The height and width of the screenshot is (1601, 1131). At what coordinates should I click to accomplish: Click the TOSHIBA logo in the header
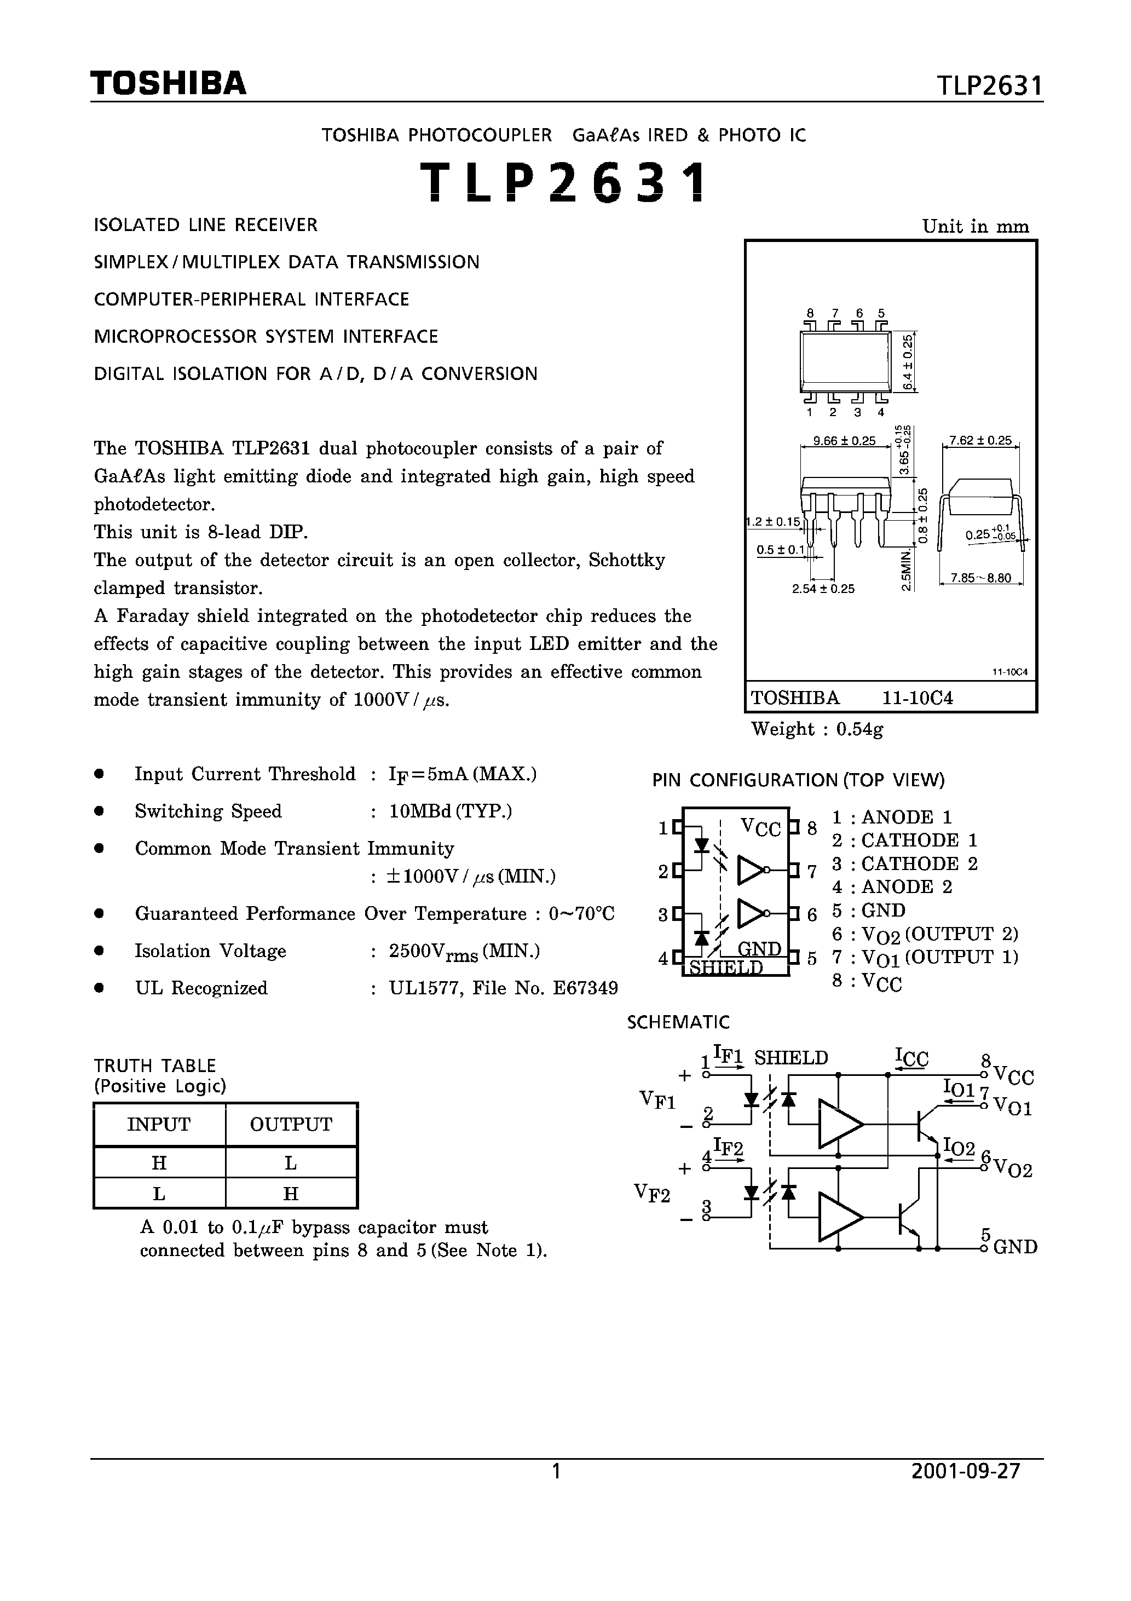click(168, 84)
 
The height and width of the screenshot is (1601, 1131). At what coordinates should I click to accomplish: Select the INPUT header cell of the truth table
click(159, 1124)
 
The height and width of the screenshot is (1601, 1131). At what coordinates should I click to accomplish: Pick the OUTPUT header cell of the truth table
click(291, 1124)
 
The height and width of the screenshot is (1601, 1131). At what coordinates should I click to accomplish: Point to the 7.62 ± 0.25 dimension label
click(980, 441)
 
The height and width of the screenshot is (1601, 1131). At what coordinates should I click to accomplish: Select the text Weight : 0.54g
click(817, 729)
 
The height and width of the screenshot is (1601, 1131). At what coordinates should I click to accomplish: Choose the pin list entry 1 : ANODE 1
click(892, 817)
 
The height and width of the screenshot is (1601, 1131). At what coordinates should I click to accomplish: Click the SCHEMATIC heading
click(678, 1022)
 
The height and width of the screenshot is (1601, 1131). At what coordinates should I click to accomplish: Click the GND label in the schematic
click(1015, 1247)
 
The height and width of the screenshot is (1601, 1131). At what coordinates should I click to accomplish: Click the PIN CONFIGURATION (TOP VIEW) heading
click(798, 780)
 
